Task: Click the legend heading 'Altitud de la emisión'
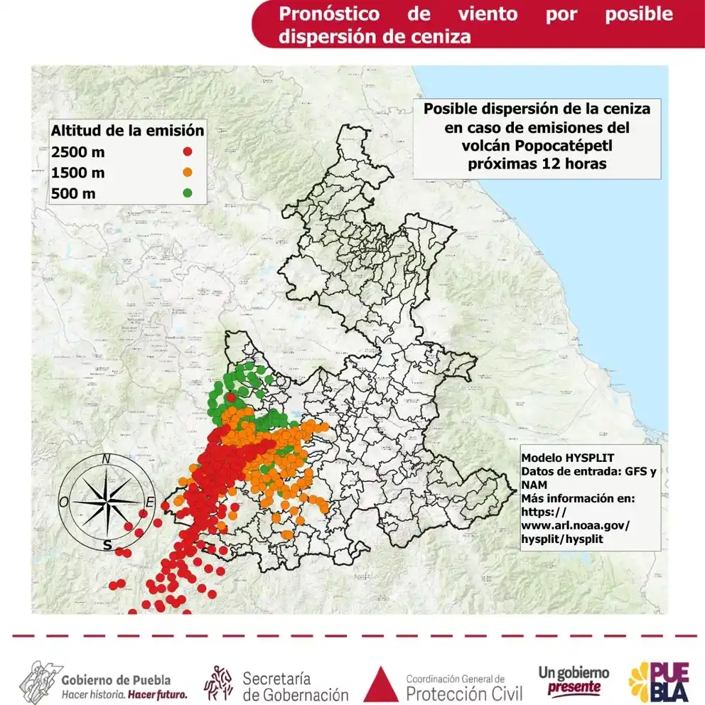(127, 131)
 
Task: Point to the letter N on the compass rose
(106, 459)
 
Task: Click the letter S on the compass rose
(107, 545)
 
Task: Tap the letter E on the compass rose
(149, 502)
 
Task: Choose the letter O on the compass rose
(63, 502)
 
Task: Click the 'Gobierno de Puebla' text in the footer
(116, 679)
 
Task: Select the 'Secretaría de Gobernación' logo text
(295, 686)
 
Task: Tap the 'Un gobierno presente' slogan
(574, 680)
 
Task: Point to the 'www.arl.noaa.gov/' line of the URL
(575, 525)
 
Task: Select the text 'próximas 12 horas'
(537, 163)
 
